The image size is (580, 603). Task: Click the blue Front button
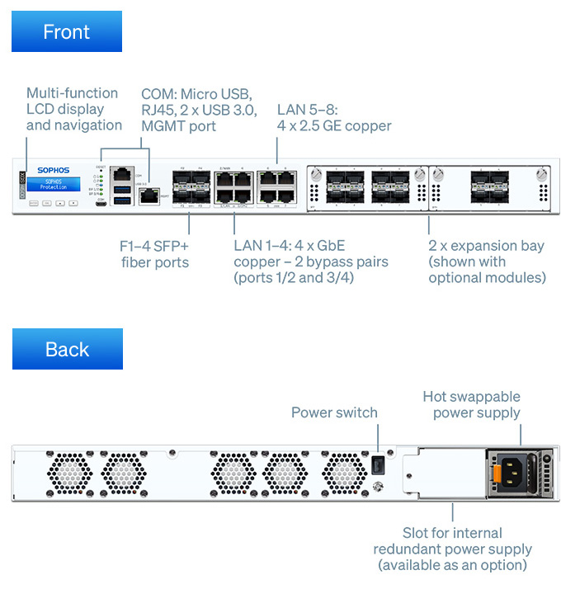[66, 32]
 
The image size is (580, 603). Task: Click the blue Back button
[67, 349]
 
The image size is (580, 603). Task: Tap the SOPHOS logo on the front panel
[54, 171]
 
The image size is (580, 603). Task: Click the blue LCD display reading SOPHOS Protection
[54, 184]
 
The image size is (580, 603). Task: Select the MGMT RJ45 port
[149, 196]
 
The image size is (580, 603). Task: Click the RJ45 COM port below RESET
[123, 173]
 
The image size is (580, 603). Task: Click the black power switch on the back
[378, 465]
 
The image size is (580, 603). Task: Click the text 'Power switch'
[334, 412]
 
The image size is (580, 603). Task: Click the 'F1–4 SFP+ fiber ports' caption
[154, 254]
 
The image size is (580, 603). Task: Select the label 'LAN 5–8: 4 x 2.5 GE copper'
[333, 117]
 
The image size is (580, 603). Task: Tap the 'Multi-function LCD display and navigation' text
[73, 109]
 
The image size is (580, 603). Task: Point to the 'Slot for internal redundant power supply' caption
[452, 549]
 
